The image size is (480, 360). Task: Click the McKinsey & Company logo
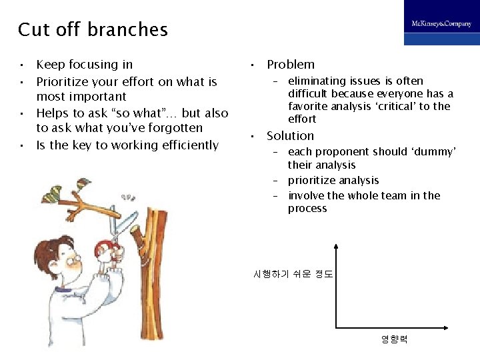(x=441, y=24)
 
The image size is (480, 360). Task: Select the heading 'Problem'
(x=290, y=65)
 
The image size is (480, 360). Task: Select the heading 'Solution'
(x=290, y=136)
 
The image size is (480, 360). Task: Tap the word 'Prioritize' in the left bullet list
(x=63, y=82)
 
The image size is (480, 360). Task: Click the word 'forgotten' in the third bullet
(x=176, y=128)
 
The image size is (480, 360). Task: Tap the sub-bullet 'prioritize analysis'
(x=333, y=181)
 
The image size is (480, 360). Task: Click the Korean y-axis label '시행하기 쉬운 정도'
(x=293, y=274)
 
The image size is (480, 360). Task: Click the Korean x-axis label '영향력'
(x=393, y=339)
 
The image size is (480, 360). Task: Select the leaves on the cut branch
(x=53, y=193)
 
